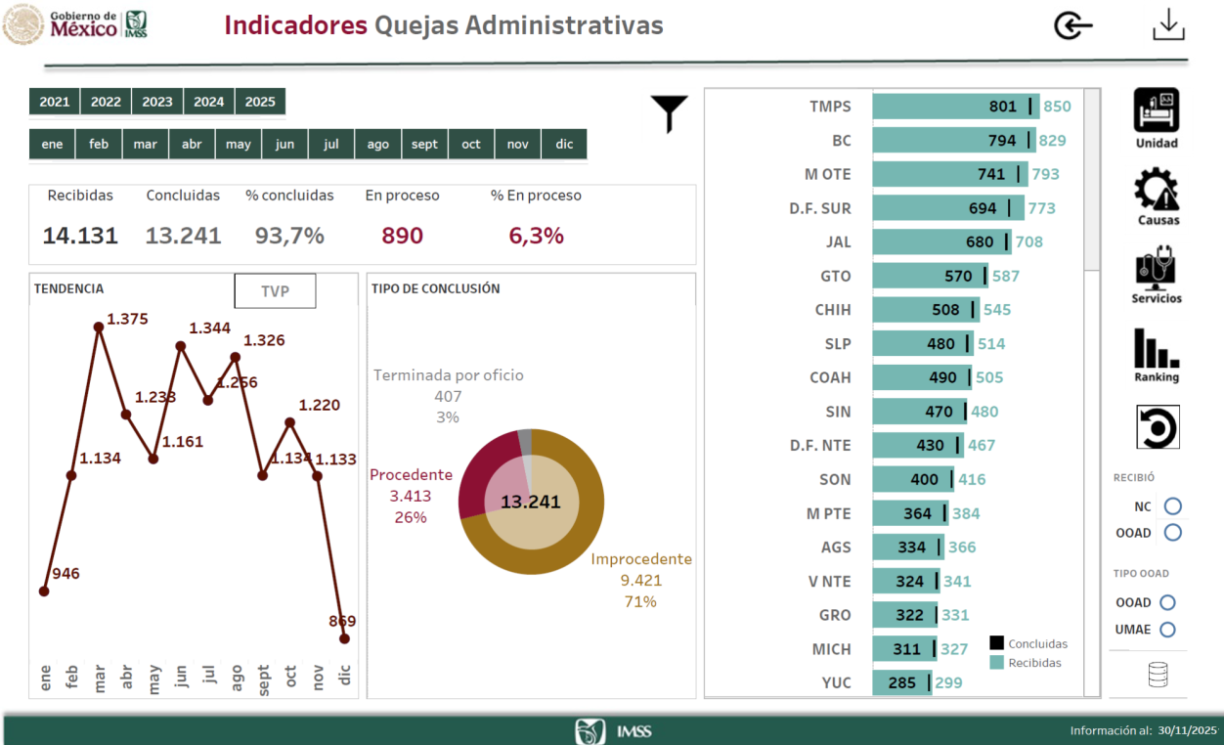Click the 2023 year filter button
pos(157,102)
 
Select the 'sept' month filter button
pos(424,144)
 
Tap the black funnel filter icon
pos(670,113)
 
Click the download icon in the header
pos(1168,25)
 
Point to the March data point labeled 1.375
pos(99,328)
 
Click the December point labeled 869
pos(344,638)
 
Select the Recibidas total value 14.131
pos(80,236)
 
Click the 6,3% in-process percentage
pos(536,236)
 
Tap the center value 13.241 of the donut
pos(531,503)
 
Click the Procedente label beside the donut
pos(411,474)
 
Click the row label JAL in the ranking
pos(838,242)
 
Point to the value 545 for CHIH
pos(997,310)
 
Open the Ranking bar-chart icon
pos(1157,349)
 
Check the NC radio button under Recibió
pos(1173,506)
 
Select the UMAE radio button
pos(1167,630)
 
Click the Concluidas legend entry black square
pos(997,643)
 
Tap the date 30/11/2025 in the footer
pos(1187,730)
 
